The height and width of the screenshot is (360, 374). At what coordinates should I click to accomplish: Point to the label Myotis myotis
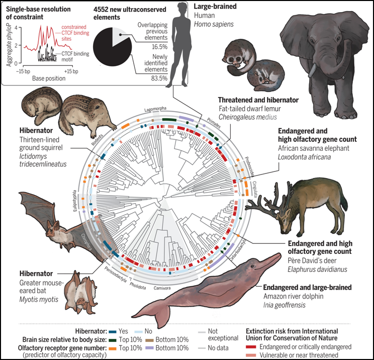pyautogui.click(x=38, y=300)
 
